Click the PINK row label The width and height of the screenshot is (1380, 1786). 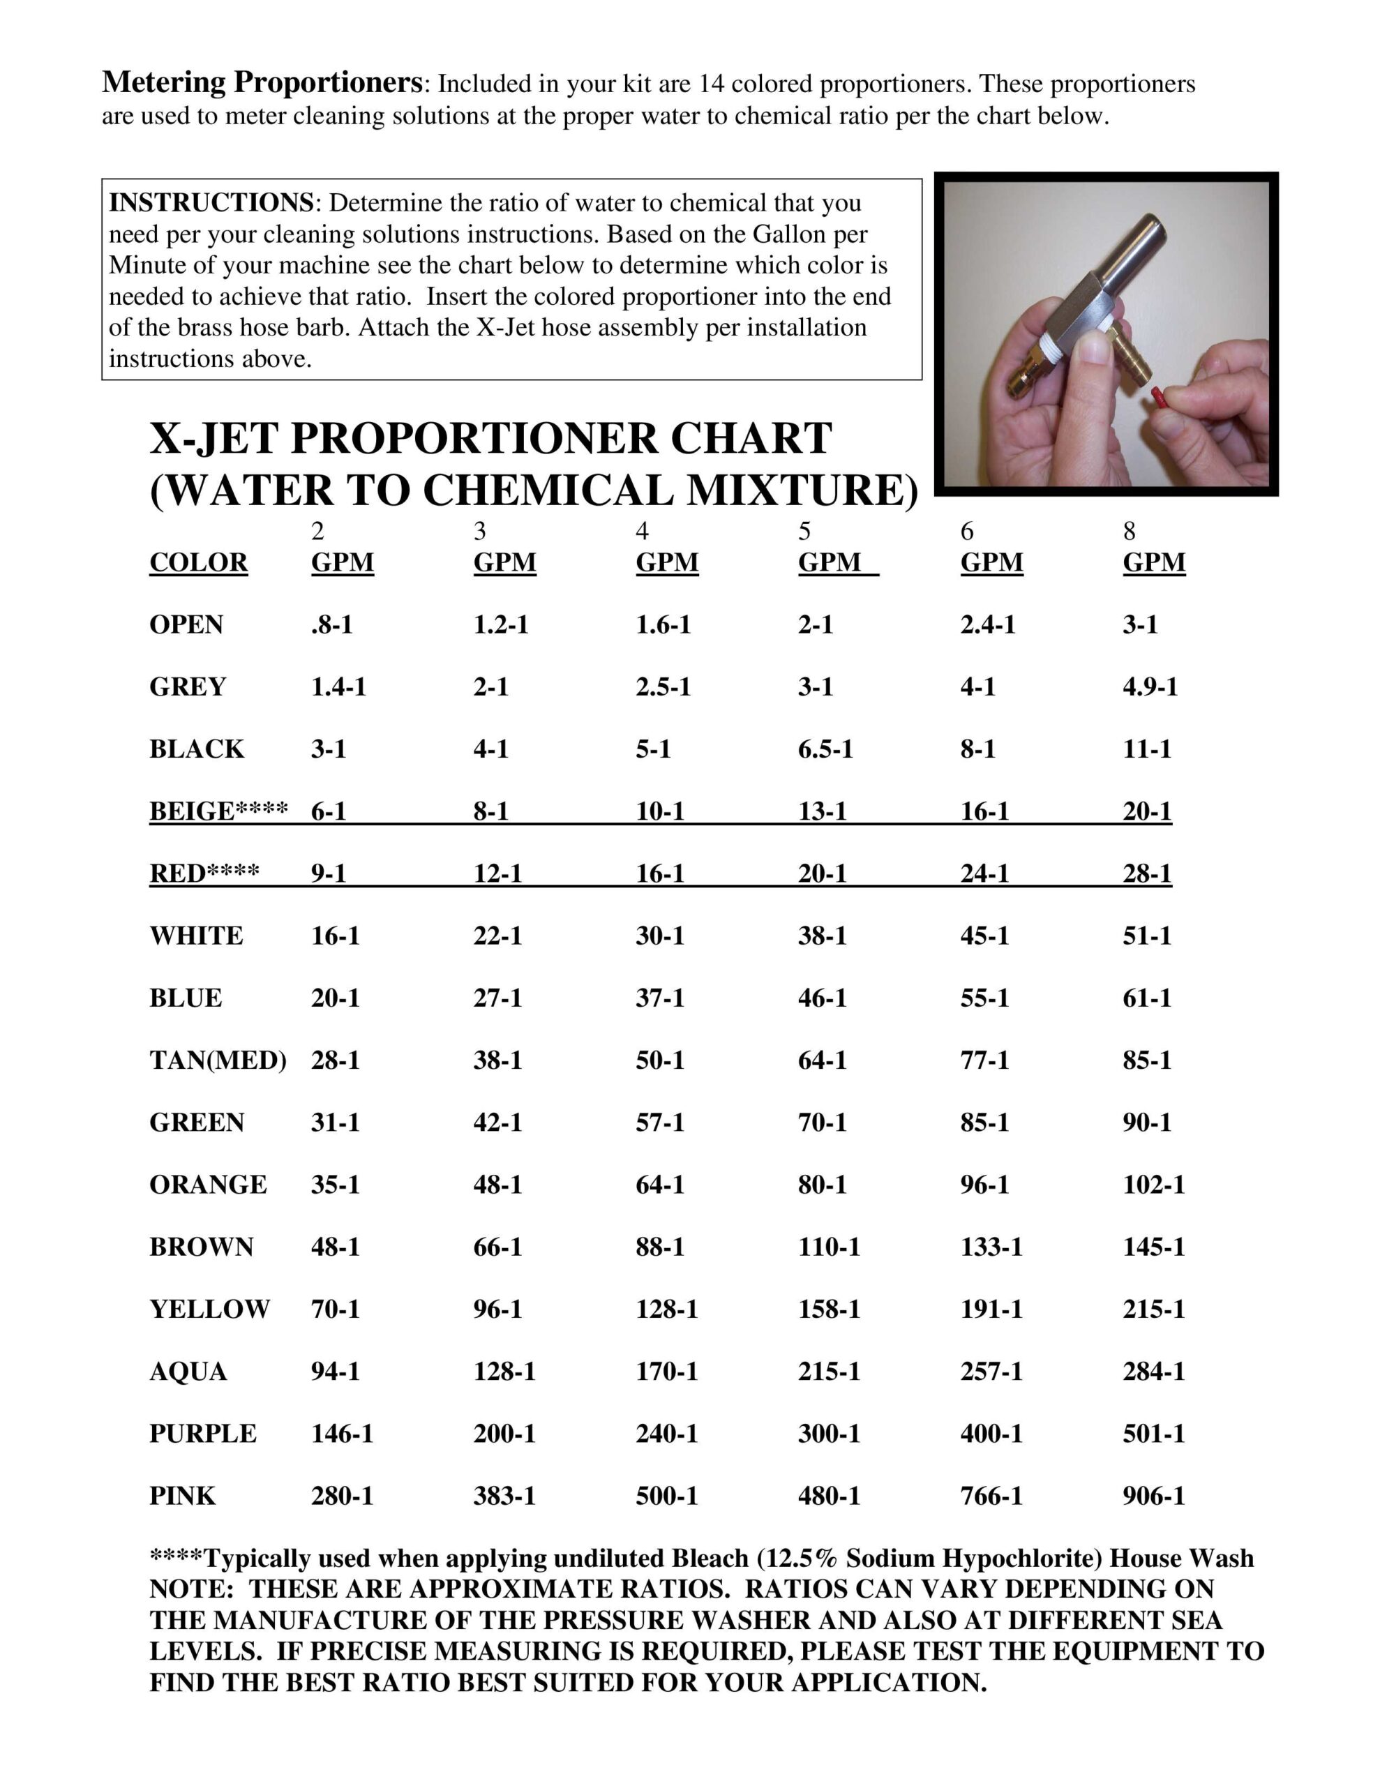[x=181, y=1496]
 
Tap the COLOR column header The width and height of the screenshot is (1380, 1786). [x=198, y=562]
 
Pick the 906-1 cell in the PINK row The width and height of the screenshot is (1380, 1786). [x=1153, y=1496]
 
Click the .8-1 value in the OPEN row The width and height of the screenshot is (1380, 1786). [x=331, y=625]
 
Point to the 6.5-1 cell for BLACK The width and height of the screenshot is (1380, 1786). [x=825, y=749]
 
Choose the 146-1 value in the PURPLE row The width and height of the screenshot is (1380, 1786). [x=342, y=1434]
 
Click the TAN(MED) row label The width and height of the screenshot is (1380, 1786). [x=218, y=1060]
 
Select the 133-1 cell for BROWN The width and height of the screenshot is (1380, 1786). [x=991, y=1247]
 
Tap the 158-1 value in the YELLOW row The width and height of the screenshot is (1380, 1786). [x=830, y=1310]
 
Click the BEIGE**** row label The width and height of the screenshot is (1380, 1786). [x=218, y=811]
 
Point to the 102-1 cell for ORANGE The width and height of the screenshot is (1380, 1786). [x=1153, y=1185]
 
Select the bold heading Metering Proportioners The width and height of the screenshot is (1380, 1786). [x=262, y=82]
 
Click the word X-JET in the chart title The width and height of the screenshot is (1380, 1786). [x=214, y=438]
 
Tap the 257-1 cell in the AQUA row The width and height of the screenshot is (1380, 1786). [x=991, y=1372]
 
